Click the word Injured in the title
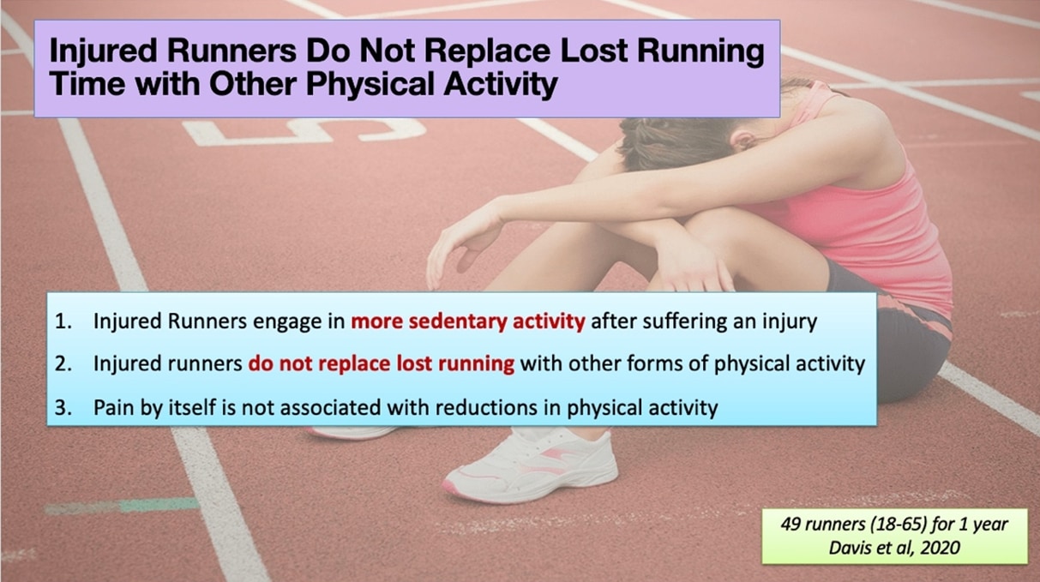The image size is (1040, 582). (103, 51)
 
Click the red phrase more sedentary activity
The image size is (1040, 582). (468, 321)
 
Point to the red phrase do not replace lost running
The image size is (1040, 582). (382, 363)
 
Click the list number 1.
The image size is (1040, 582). (63, 321)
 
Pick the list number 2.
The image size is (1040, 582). (63, 363)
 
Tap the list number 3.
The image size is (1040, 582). (63, 407)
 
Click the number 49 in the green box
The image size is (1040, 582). (791, 525)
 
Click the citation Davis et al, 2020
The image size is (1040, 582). (894, 548)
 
